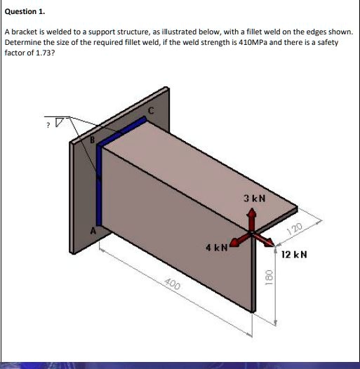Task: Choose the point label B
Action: (91, 140)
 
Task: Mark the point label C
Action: (149, 111)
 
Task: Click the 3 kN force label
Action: (253, 199)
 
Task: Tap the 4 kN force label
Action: (216, 248)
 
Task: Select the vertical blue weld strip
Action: (99, 189)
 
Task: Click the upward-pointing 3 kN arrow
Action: (253, 219)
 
